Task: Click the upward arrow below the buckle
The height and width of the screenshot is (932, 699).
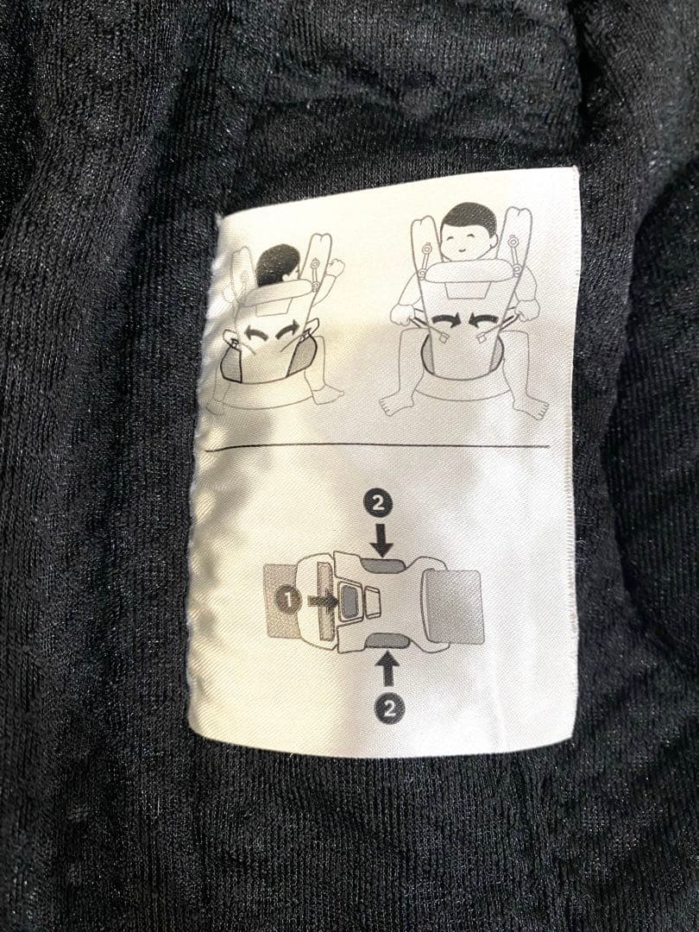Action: pos(387,669)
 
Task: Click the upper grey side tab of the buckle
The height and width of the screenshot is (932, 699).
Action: pos(385,565)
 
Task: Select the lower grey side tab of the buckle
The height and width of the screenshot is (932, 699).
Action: pos(388,640)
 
